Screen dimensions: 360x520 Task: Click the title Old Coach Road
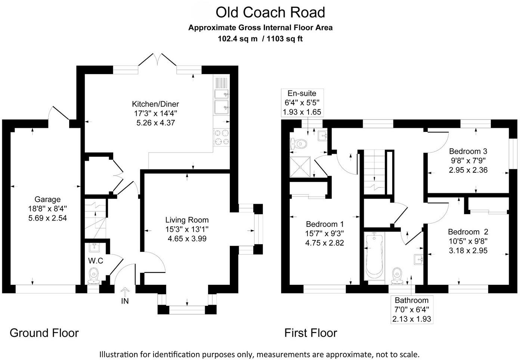tap(270, 12)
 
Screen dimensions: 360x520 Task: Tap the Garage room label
tap(47, 199)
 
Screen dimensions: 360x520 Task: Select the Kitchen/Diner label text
tap(155, 104)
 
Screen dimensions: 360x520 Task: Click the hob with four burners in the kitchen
tap(221, 137)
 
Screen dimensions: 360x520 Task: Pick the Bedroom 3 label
tap(468, 151)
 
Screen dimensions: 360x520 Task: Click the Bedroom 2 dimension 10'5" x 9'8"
tap(468, 241)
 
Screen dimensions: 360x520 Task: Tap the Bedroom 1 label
tap(324, 224)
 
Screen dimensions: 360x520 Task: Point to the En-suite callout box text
tap(302, 103)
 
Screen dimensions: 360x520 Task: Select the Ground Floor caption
tap(44, 333)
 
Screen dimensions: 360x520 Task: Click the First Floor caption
tap(310, 333)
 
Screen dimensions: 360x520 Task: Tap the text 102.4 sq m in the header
tap(238, 39)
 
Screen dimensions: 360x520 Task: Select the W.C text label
tap(96, 261)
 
